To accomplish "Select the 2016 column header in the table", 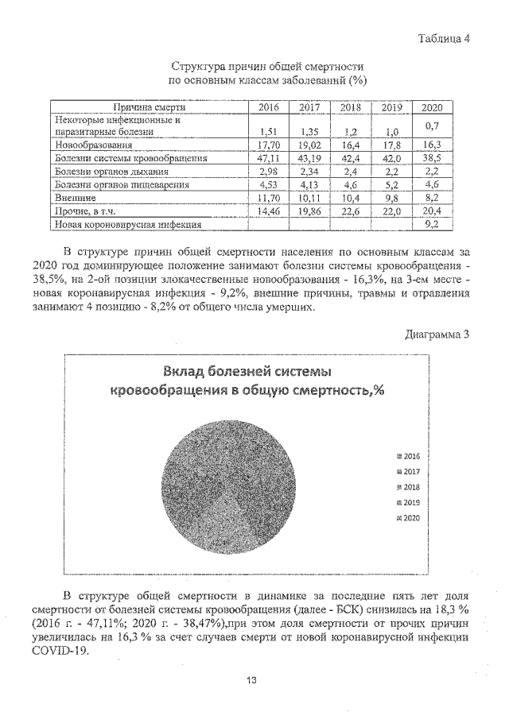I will tap(270, 108).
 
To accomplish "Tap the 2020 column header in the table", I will tap(431, 108).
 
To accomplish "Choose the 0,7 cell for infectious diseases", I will tap(431, 126).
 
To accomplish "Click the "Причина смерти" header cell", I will tap(149, 107).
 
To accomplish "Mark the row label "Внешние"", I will tap(76, 199).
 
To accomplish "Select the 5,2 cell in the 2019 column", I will tap(390, 186).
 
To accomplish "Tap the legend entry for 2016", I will tap(410, 457).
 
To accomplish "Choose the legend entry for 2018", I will tap(410, 487).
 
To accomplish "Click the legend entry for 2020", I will tap(410, 518).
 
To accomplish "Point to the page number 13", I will tap(251, 680).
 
